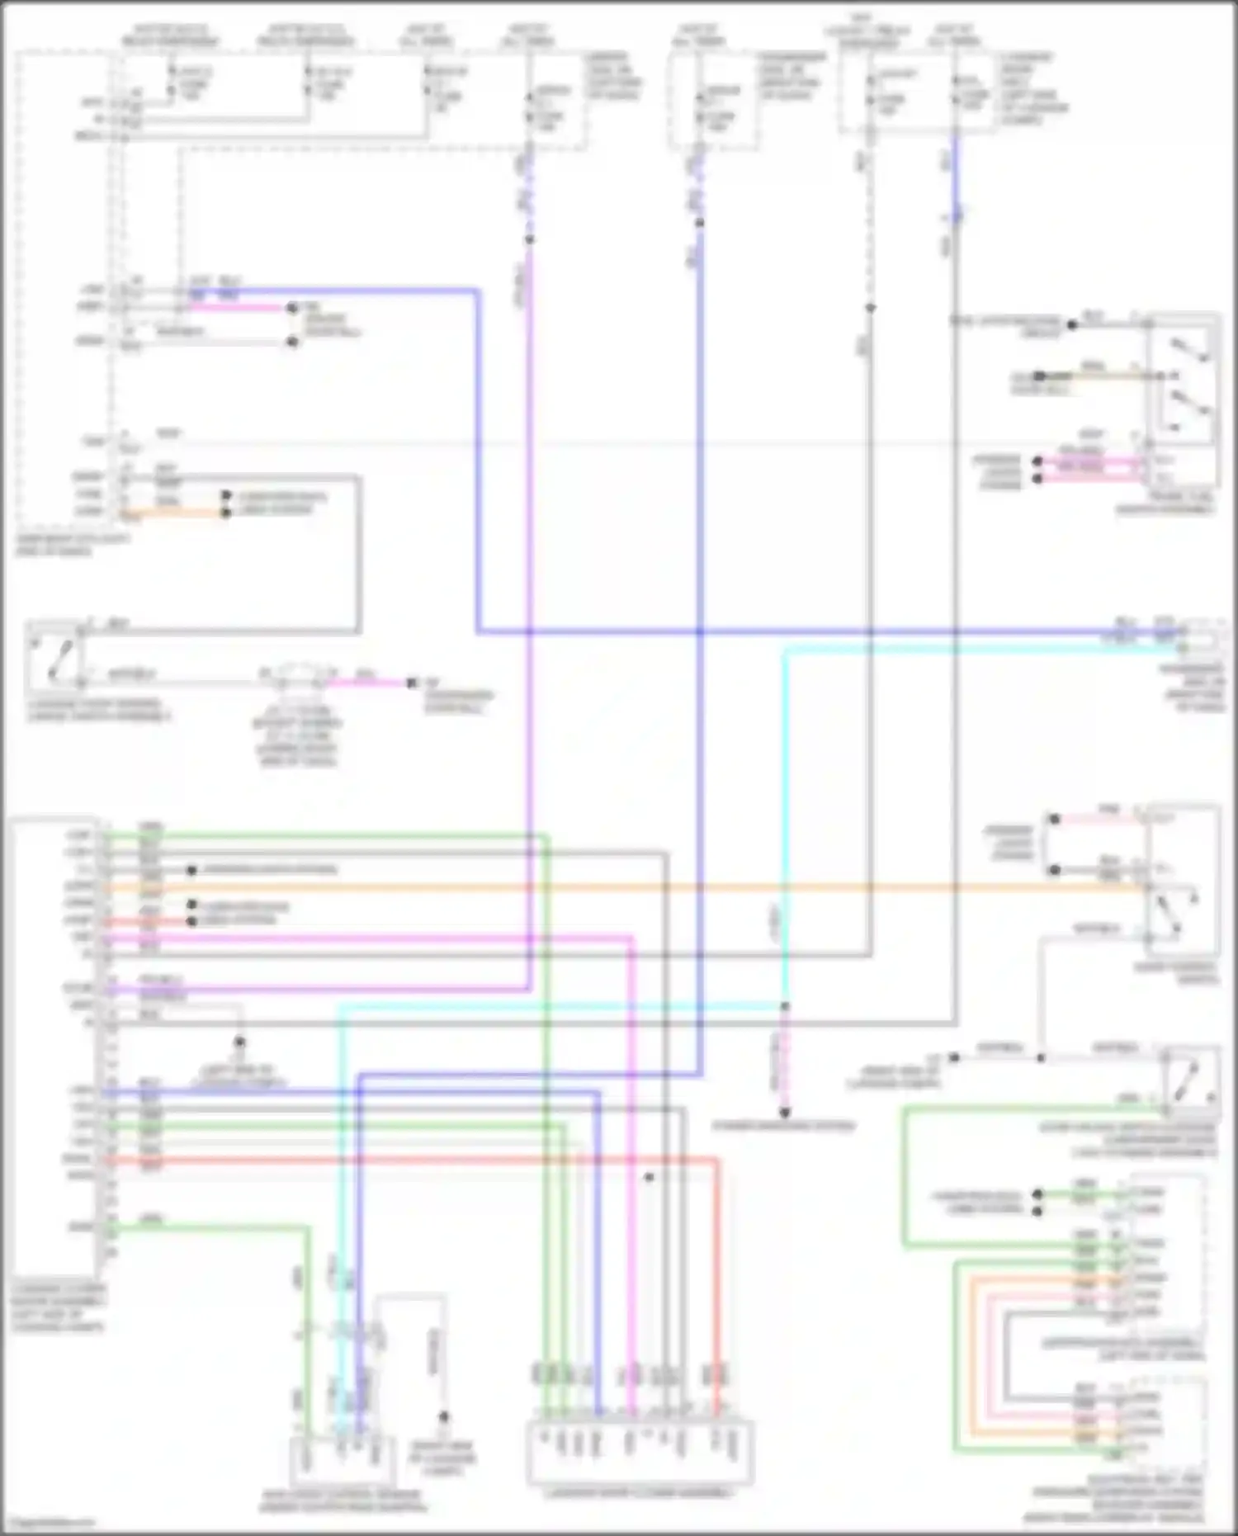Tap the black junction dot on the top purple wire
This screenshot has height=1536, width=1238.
click(529, 239)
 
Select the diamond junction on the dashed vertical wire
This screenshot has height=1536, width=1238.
click(870, 308)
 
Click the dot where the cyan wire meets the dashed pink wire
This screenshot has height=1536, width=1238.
click(785, 1006)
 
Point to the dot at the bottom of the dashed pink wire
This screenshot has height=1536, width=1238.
click(785, 1112)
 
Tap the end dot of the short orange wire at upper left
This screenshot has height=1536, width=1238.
click(225, 513)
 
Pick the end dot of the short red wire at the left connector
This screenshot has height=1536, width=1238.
click(191, 921)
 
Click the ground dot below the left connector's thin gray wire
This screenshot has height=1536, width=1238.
click(239, 1042)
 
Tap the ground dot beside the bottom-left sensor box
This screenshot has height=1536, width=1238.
click(443, 1416)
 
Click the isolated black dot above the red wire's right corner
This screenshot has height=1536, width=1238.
click(650, 1176)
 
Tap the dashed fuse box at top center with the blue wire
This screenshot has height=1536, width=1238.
click(714, 103)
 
